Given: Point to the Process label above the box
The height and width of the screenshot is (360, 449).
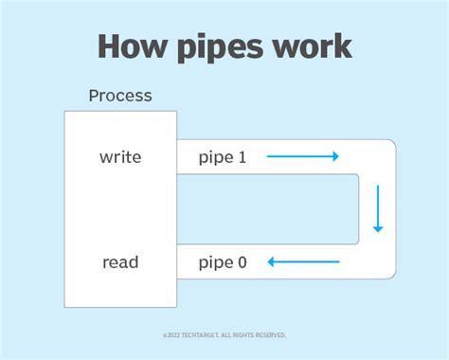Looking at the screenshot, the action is pos(120,97).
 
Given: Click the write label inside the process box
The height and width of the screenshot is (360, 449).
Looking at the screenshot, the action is pos(120,157).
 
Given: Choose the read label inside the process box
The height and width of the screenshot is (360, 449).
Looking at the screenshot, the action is pos(120,261).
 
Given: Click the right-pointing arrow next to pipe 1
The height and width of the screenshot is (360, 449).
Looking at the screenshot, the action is pos(302,157).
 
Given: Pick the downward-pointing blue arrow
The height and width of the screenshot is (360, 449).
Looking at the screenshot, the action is pos(378,209).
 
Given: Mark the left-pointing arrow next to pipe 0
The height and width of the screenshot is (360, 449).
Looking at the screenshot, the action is pos(302,261).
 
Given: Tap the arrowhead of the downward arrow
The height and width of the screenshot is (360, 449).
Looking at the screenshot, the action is pos(378,228).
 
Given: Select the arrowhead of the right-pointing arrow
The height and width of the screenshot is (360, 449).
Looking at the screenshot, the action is pos(334,157).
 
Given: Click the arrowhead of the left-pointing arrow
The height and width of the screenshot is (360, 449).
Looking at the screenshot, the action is pos(271,261).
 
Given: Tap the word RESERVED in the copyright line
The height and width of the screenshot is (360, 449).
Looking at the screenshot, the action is pos(269,335).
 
